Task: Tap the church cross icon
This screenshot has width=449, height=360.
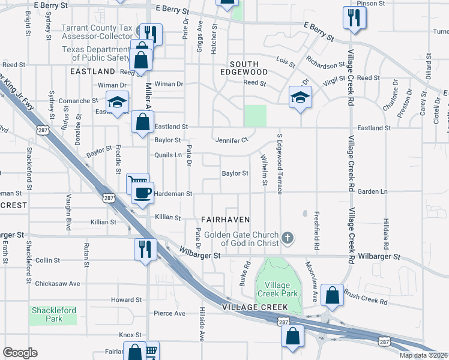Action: click(288, 238)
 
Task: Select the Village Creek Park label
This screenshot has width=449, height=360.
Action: click(274, 289)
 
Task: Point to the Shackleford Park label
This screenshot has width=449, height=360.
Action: click(54, 314)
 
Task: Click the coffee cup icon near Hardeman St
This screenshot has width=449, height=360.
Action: click(142, 193)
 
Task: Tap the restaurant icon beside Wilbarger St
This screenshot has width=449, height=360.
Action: click(145, 248)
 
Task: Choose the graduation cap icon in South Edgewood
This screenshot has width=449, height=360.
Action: click(300, 97)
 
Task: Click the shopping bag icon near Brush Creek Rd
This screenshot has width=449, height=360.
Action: click(332, 295)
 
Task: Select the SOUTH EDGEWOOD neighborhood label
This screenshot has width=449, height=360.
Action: click(244, 68)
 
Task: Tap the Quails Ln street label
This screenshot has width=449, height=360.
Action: click(168, 155)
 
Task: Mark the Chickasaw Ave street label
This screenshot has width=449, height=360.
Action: click(58, 283)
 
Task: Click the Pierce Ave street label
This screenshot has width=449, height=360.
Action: click(170, 313)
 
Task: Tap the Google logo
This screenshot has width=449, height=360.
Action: click(20, 353)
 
